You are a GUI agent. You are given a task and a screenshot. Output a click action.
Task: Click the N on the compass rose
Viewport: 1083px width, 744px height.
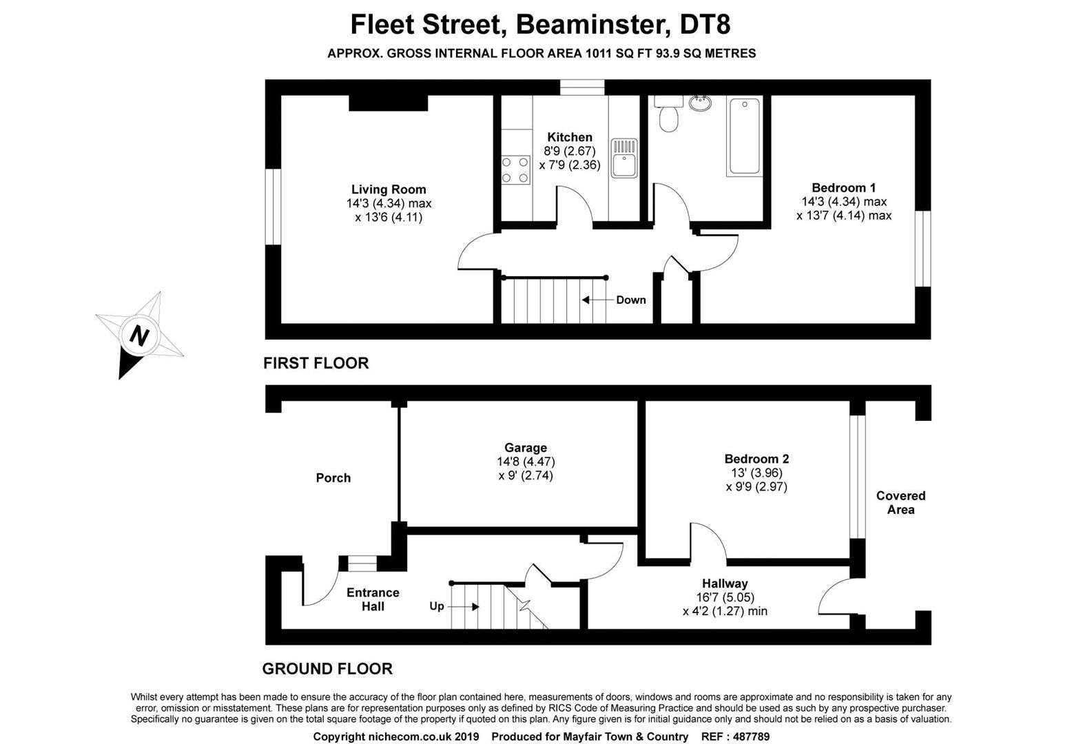pos(140,335)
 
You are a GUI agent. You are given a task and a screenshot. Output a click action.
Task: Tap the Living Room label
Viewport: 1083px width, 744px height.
pos(389,189)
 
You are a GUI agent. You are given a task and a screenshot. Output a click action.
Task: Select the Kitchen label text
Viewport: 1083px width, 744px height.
pos(569,137)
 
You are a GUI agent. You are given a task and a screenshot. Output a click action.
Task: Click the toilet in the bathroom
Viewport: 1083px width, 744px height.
pos(668,118)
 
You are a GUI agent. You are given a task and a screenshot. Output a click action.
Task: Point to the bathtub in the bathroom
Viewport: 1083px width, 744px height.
pos(744,136)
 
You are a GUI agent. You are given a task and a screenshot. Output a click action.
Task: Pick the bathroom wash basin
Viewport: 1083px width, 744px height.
pos(700,103)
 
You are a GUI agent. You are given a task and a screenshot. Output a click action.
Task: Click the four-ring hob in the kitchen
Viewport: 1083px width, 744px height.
pos(515,170)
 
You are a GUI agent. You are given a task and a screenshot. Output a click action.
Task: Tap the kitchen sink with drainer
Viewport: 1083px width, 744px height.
pos(624,158)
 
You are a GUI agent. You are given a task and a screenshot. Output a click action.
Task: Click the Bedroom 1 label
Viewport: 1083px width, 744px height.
pos(843,187)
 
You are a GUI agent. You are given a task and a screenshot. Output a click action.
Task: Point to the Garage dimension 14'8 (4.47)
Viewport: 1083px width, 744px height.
pos(526,462)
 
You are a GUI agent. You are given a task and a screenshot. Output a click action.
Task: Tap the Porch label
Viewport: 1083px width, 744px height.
pos(333,477)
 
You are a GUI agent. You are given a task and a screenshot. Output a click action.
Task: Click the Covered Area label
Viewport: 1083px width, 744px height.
pos(900,503)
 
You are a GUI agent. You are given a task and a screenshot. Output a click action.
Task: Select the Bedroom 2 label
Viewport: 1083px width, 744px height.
pos(756,459)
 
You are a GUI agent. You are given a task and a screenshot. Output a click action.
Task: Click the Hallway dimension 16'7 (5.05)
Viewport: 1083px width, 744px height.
pos(725,597)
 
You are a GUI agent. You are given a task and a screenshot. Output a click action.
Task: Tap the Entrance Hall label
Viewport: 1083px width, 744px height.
pos(373,599)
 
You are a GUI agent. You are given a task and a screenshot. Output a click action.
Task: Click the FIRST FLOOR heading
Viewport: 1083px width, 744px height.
pos(316,363)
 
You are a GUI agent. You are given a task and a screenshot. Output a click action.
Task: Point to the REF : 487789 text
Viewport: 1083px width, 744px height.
pos(735,736)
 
